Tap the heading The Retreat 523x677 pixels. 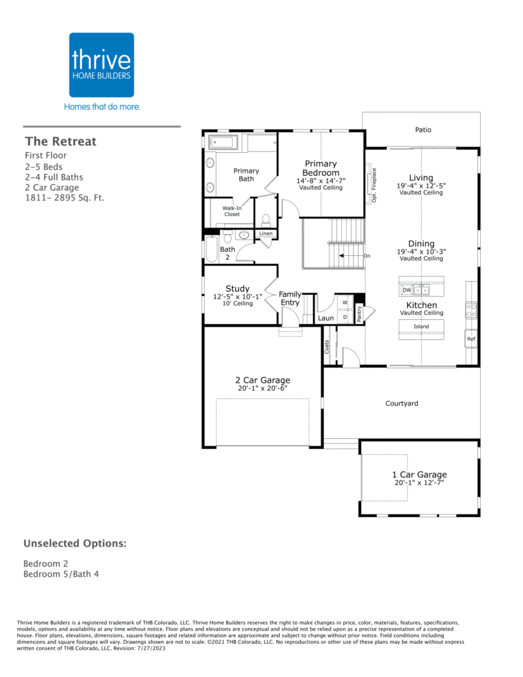61,141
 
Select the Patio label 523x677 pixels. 423,130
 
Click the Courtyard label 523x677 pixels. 401,403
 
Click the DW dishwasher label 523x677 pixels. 407,290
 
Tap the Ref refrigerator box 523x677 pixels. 471,339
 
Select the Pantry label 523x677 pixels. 359,314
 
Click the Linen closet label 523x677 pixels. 266,233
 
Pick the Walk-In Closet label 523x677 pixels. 232,211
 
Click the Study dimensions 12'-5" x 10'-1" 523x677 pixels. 237,297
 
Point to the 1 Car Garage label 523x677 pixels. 419,475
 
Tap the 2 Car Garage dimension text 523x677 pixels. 262,388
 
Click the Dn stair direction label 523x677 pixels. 367,256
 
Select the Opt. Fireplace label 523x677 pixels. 374,185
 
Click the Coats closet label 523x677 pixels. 327,346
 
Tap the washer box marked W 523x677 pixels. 345,302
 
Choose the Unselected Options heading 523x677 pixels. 75,543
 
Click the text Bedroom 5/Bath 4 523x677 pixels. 61,574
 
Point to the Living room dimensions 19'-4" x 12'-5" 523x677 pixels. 421,186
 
